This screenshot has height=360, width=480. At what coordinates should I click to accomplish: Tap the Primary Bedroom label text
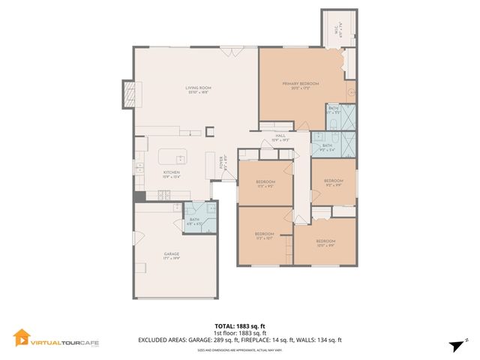[300, 85]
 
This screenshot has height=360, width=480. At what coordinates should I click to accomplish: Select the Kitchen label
[172, 175]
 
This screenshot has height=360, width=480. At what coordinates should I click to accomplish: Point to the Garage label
[171, 256]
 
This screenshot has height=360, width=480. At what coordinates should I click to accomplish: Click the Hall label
[280, 137]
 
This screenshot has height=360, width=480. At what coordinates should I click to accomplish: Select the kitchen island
[172, 158]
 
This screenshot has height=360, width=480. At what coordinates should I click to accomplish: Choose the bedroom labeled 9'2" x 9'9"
[333, 182]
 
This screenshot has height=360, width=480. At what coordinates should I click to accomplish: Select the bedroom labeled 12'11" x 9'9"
[324, 242]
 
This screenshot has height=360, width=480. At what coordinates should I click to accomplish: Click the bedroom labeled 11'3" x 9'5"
[265, 184]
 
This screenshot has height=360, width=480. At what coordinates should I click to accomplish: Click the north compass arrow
[454, 345]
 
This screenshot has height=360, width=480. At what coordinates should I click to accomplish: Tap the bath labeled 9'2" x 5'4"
[328, 146]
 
